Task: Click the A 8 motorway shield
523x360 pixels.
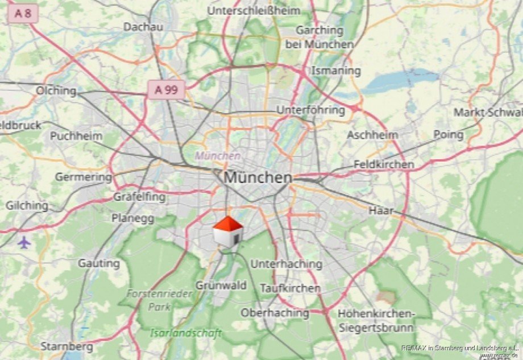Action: [x=23, y=14]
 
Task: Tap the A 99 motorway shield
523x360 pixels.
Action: [x=166, y=89]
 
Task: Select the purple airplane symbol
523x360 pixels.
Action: [x=23, y=242]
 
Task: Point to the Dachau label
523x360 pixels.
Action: [x=143, y=27]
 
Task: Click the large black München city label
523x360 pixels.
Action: [x=258, y=177]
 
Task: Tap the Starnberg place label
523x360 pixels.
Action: [x=67, y=346]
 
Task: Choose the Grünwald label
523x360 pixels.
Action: [x=221, y=285]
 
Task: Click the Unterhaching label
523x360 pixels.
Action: [x=286, y=264]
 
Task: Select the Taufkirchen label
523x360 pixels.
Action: [x=290, y=288]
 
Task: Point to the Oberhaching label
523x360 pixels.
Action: [x=275, y=313]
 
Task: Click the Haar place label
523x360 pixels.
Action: [x=381, y=210]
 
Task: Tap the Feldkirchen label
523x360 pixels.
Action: [x=384, y=164]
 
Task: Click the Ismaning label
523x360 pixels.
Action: [x=336, y=71]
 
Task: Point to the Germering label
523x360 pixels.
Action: [x=84, y=177]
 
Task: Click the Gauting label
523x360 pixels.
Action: [x=99, y=263]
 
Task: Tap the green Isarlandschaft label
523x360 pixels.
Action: [x=186, y=333]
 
